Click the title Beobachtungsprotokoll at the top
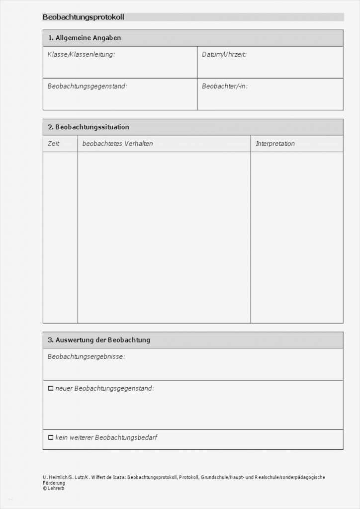[x=83, y=17]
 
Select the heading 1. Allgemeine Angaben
[x=84, y=38]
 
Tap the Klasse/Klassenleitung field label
[x=81, y=54]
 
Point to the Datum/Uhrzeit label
[x=224, y=54]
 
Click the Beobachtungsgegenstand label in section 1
[x=87, y=86]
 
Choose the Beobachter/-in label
[x=224, y=86]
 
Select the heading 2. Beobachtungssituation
[x=89, y=127]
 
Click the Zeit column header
[x=53, y=144]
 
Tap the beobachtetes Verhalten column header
[x=117, y=144]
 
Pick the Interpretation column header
[x=275, y=144]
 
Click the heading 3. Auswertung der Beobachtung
[x=99, y=340]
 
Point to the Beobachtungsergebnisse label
[x=86, y=356]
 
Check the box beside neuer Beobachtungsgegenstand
[x=50, y=388]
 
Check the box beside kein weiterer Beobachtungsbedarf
[x=50, y=437]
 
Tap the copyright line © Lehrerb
[x=53, y=488]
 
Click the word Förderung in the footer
[x=54, y=483]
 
